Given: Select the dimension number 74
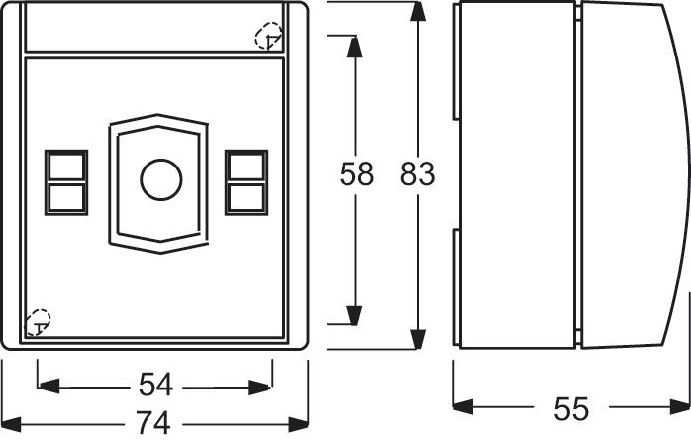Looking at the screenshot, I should pos(154,424).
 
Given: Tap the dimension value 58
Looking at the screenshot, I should pos(356,174).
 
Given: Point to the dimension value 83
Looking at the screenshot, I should pos(417,174).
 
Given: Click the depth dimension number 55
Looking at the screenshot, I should pos(571,408).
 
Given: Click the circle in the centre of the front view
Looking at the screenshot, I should pos(160,179).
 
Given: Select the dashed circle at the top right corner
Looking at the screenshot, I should pos(268,38).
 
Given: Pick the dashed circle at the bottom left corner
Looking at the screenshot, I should pos(38,320).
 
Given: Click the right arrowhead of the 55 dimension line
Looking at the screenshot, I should pos(682,406).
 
